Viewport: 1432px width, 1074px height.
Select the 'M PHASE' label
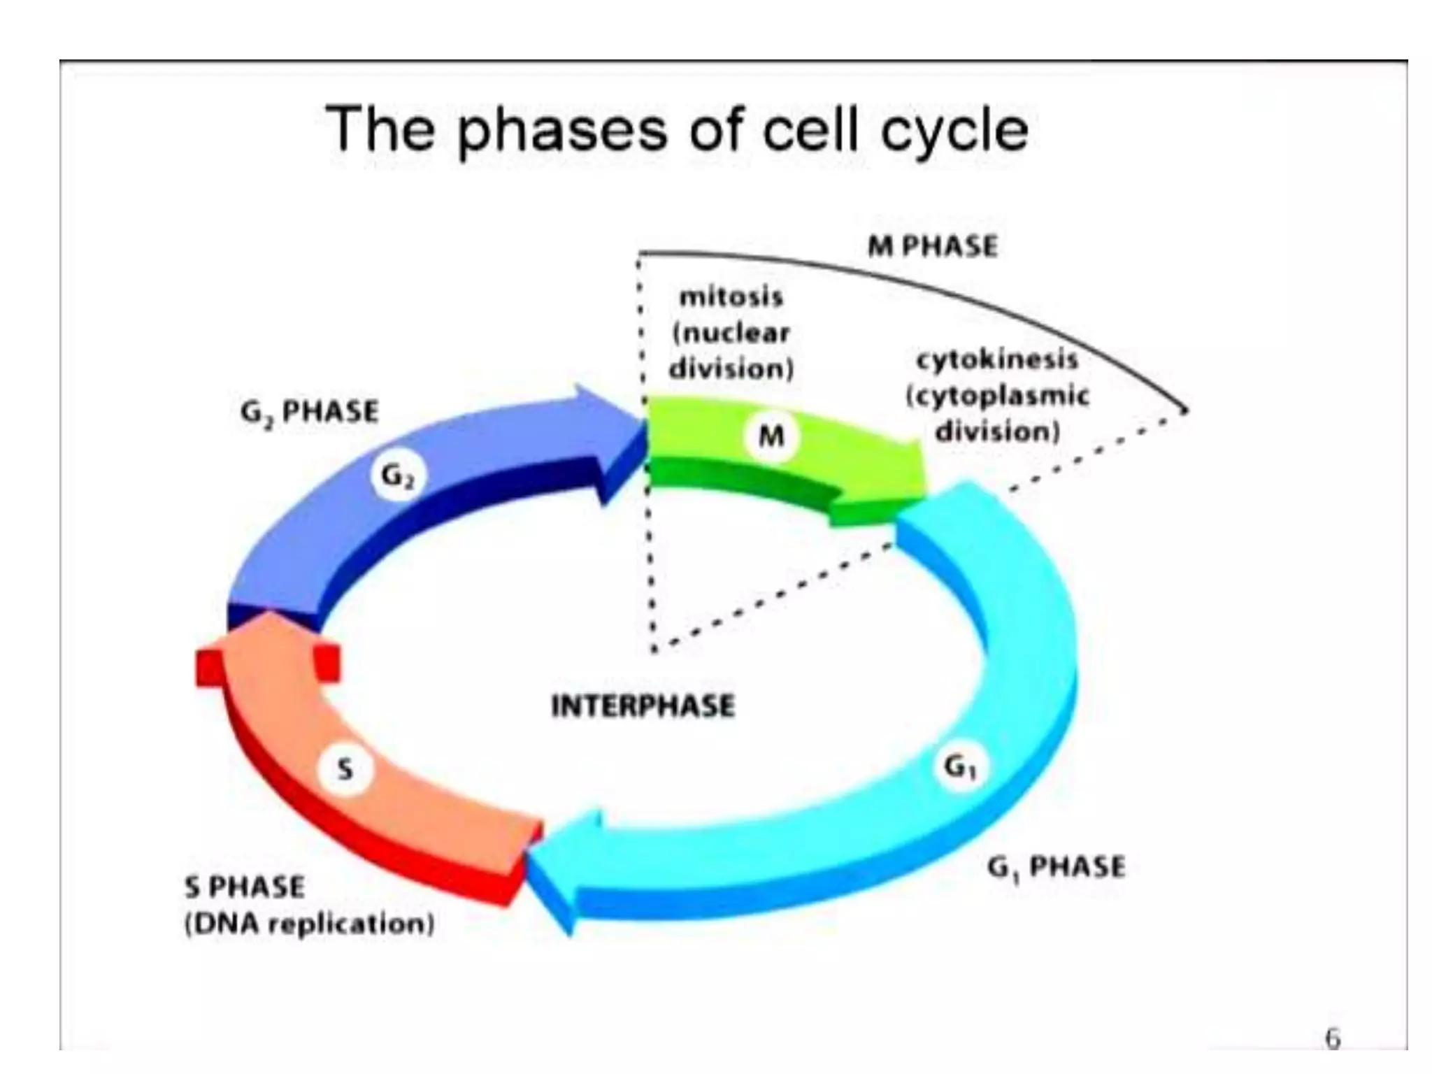932,246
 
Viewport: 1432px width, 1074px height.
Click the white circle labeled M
771,436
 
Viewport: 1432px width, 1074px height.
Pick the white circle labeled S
345,770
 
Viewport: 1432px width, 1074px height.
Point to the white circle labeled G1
961,768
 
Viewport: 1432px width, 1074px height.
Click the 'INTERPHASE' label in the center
643,706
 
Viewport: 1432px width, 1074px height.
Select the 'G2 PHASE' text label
310,412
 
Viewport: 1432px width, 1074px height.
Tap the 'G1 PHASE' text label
1056,868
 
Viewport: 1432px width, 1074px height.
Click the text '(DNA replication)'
309,924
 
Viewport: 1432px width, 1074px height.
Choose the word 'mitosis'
731,296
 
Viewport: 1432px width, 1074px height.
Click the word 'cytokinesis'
997,359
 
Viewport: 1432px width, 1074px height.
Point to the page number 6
1333,1039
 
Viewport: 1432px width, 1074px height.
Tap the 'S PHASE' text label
245,887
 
